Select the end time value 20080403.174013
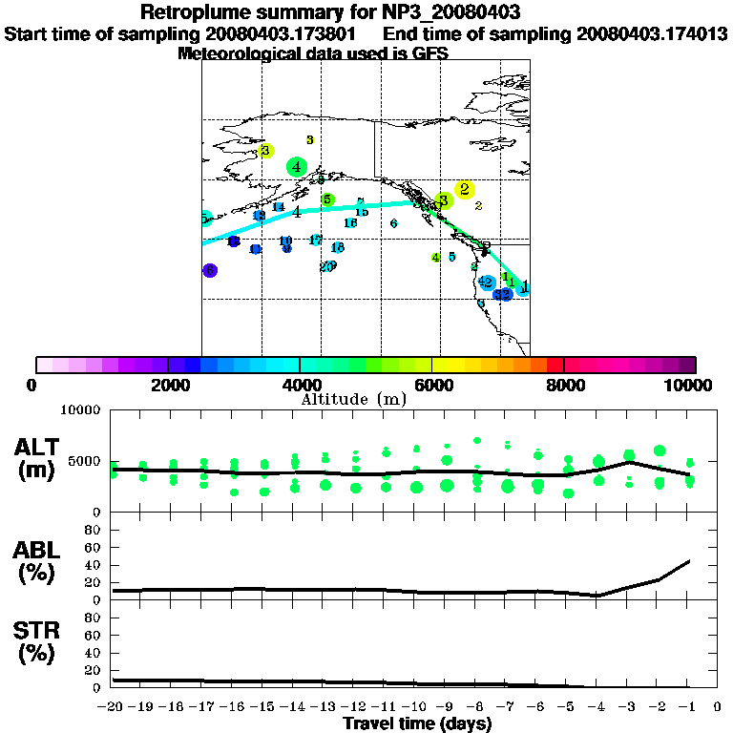[652, 34]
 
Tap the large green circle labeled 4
[298, 167]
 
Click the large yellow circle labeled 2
[465, 189]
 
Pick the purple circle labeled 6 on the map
[210, 270]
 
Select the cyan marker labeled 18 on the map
[337, 248]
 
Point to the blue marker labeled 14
[279, 207]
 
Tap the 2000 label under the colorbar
[167, 385]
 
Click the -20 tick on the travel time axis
[112, 707]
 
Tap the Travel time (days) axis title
[417, 724]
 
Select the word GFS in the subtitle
[429, 53]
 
